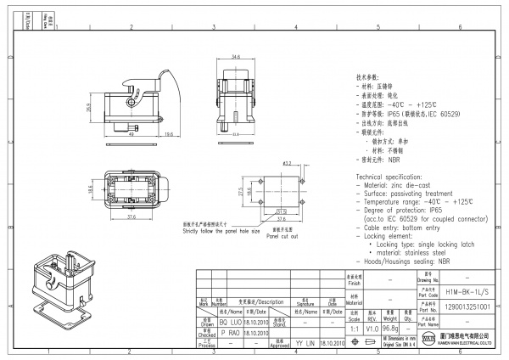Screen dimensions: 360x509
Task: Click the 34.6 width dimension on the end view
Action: pyautogui.click(x=234, y=59)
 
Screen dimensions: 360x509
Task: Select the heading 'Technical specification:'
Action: pyautogui.click(x=395, y=173)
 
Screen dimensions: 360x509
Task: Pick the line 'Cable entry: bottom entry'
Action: pyautogui.click(x=403, y=228)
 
